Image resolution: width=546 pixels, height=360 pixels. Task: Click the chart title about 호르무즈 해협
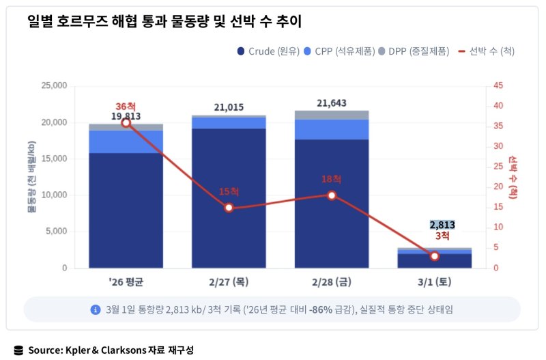(x=164, y=22)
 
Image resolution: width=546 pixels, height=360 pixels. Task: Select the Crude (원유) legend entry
(x=269, y=51)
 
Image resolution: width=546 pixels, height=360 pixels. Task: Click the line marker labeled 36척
(x=126, y=122)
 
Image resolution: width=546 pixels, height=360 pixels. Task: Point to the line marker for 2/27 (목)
(x=229, y=208)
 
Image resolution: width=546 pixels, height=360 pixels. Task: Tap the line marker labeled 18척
(x=332, y=195)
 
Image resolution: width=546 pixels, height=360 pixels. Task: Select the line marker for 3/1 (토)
(x=435, y=256)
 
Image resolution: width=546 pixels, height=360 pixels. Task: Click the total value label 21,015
(x=229, y=107)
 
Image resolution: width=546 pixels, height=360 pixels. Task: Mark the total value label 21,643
(x=332, y=103)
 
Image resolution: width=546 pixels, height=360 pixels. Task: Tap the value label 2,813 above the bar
(x=442, y=225)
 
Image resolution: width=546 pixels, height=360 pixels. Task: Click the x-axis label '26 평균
(x=126, y=281)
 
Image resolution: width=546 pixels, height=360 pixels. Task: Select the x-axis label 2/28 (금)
(x=332, y=281)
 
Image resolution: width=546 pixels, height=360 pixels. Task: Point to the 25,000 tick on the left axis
(x=55, y=86)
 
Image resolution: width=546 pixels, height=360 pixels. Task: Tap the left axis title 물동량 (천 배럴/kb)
(x=31, y=178)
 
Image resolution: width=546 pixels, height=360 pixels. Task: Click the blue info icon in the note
(x=96, y=309)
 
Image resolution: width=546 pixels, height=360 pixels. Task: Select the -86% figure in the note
(x=321, y=309)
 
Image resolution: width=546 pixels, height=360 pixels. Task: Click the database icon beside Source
(x=18, y=350)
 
